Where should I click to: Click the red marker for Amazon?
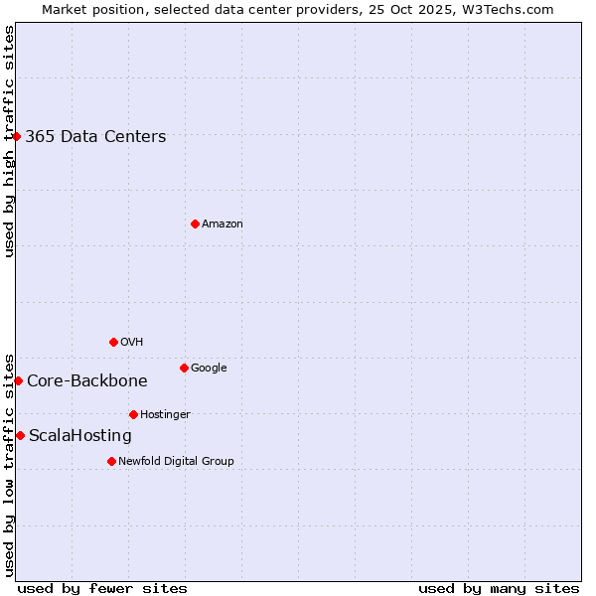pos(195,223)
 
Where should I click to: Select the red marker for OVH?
pos(113,342)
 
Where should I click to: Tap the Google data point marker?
pos(184,368)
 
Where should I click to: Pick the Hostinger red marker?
pos(133,414)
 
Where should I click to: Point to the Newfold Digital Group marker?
pos(111,461)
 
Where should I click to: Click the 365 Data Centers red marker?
pos(17,136)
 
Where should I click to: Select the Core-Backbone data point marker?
pos(18,380)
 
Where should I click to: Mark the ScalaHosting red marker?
pos(20,435)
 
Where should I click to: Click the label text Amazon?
pos(223,224)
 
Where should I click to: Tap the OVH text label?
pos(132,343)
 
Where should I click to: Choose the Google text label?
pos(209,369)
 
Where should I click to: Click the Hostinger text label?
pos(165,415)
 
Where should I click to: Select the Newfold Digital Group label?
pos(176,462)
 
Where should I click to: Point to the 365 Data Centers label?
pos(95,137)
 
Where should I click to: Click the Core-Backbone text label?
pos(87,381)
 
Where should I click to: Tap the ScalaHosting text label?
pos(80,436)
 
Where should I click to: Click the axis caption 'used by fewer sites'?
pos(102,589)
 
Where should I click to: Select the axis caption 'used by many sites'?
pos(499,589)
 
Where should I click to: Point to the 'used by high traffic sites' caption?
pos(9,141)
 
